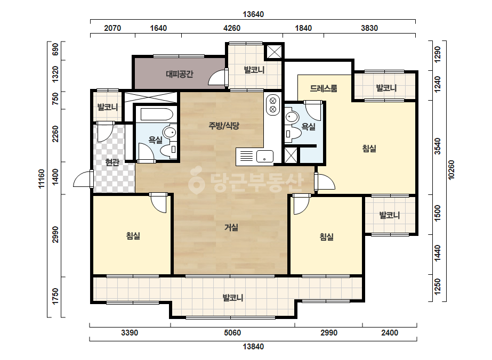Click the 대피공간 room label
(x=180, y=75)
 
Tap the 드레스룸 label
(x=324, y=88)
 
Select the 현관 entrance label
(x=112, y=162)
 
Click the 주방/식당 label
(x=224, y=126)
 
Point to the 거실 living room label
(x=231, y=227)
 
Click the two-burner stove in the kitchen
(x=273, y=105)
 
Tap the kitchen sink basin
(x=264, y=156)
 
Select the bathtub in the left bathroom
(x=156, y=114)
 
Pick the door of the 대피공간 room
(x=218, y=77)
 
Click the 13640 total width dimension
(x=253, y=14)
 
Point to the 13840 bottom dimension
(x=253, y=347)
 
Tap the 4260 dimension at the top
(x=232, y=28)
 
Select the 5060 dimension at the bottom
(x=232, y=333)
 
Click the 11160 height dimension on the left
(x=42, y=179)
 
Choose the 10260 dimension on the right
(x=451, y=170)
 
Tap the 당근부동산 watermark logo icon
(x=196, y=181)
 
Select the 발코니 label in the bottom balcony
(x=233, y=298)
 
